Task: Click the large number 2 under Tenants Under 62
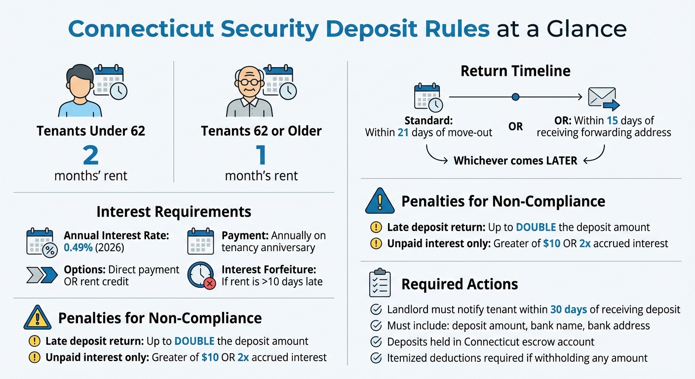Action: [91, 155]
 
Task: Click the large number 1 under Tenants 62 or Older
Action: [261, 155]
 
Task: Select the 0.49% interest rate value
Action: [78, 248]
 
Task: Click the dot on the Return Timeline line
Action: [515, 97]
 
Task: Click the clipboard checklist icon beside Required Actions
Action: [380, 283]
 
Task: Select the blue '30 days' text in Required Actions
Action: [568, 310]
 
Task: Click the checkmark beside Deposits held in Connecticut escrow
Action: [376, 342]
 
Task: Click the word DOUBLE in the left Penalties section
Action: [194, 341]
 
